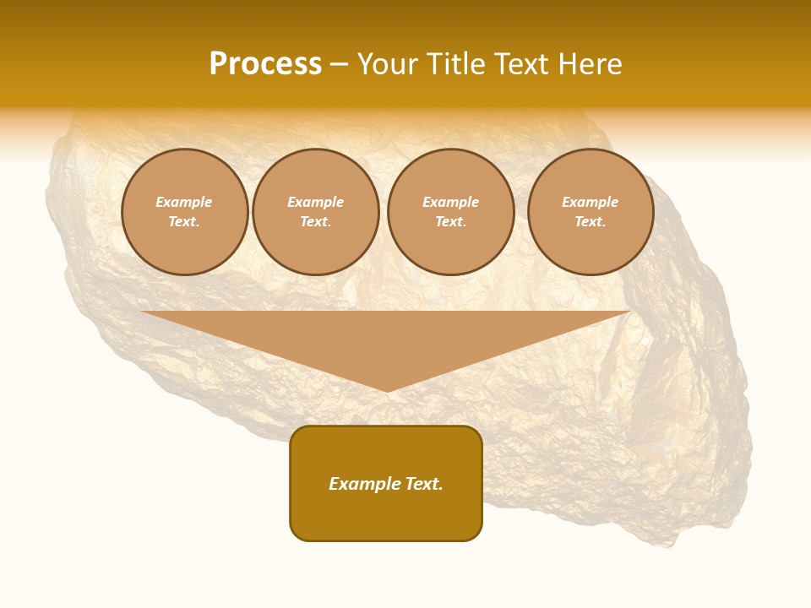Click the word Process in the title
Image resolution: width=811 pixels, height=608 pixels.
pos(265,64)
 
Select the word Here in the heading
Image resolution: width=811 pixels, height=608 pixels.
pos(591,64)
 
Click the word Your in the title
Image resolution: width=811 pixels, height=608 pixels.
pos(387,64)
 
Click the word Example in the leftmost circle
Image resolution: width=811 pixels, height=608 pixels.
pos(184,202)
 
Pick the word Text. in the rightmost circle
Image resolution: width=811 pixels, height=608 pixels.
pos(591,221)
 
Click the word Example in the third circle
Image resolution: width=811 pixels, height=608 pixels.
pos(451,202)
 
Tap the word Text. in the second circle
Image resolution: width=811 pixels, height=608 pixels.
pos(316,221)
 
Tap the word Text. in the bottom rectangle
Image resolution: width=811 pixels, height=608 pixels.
pos(422,484)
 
